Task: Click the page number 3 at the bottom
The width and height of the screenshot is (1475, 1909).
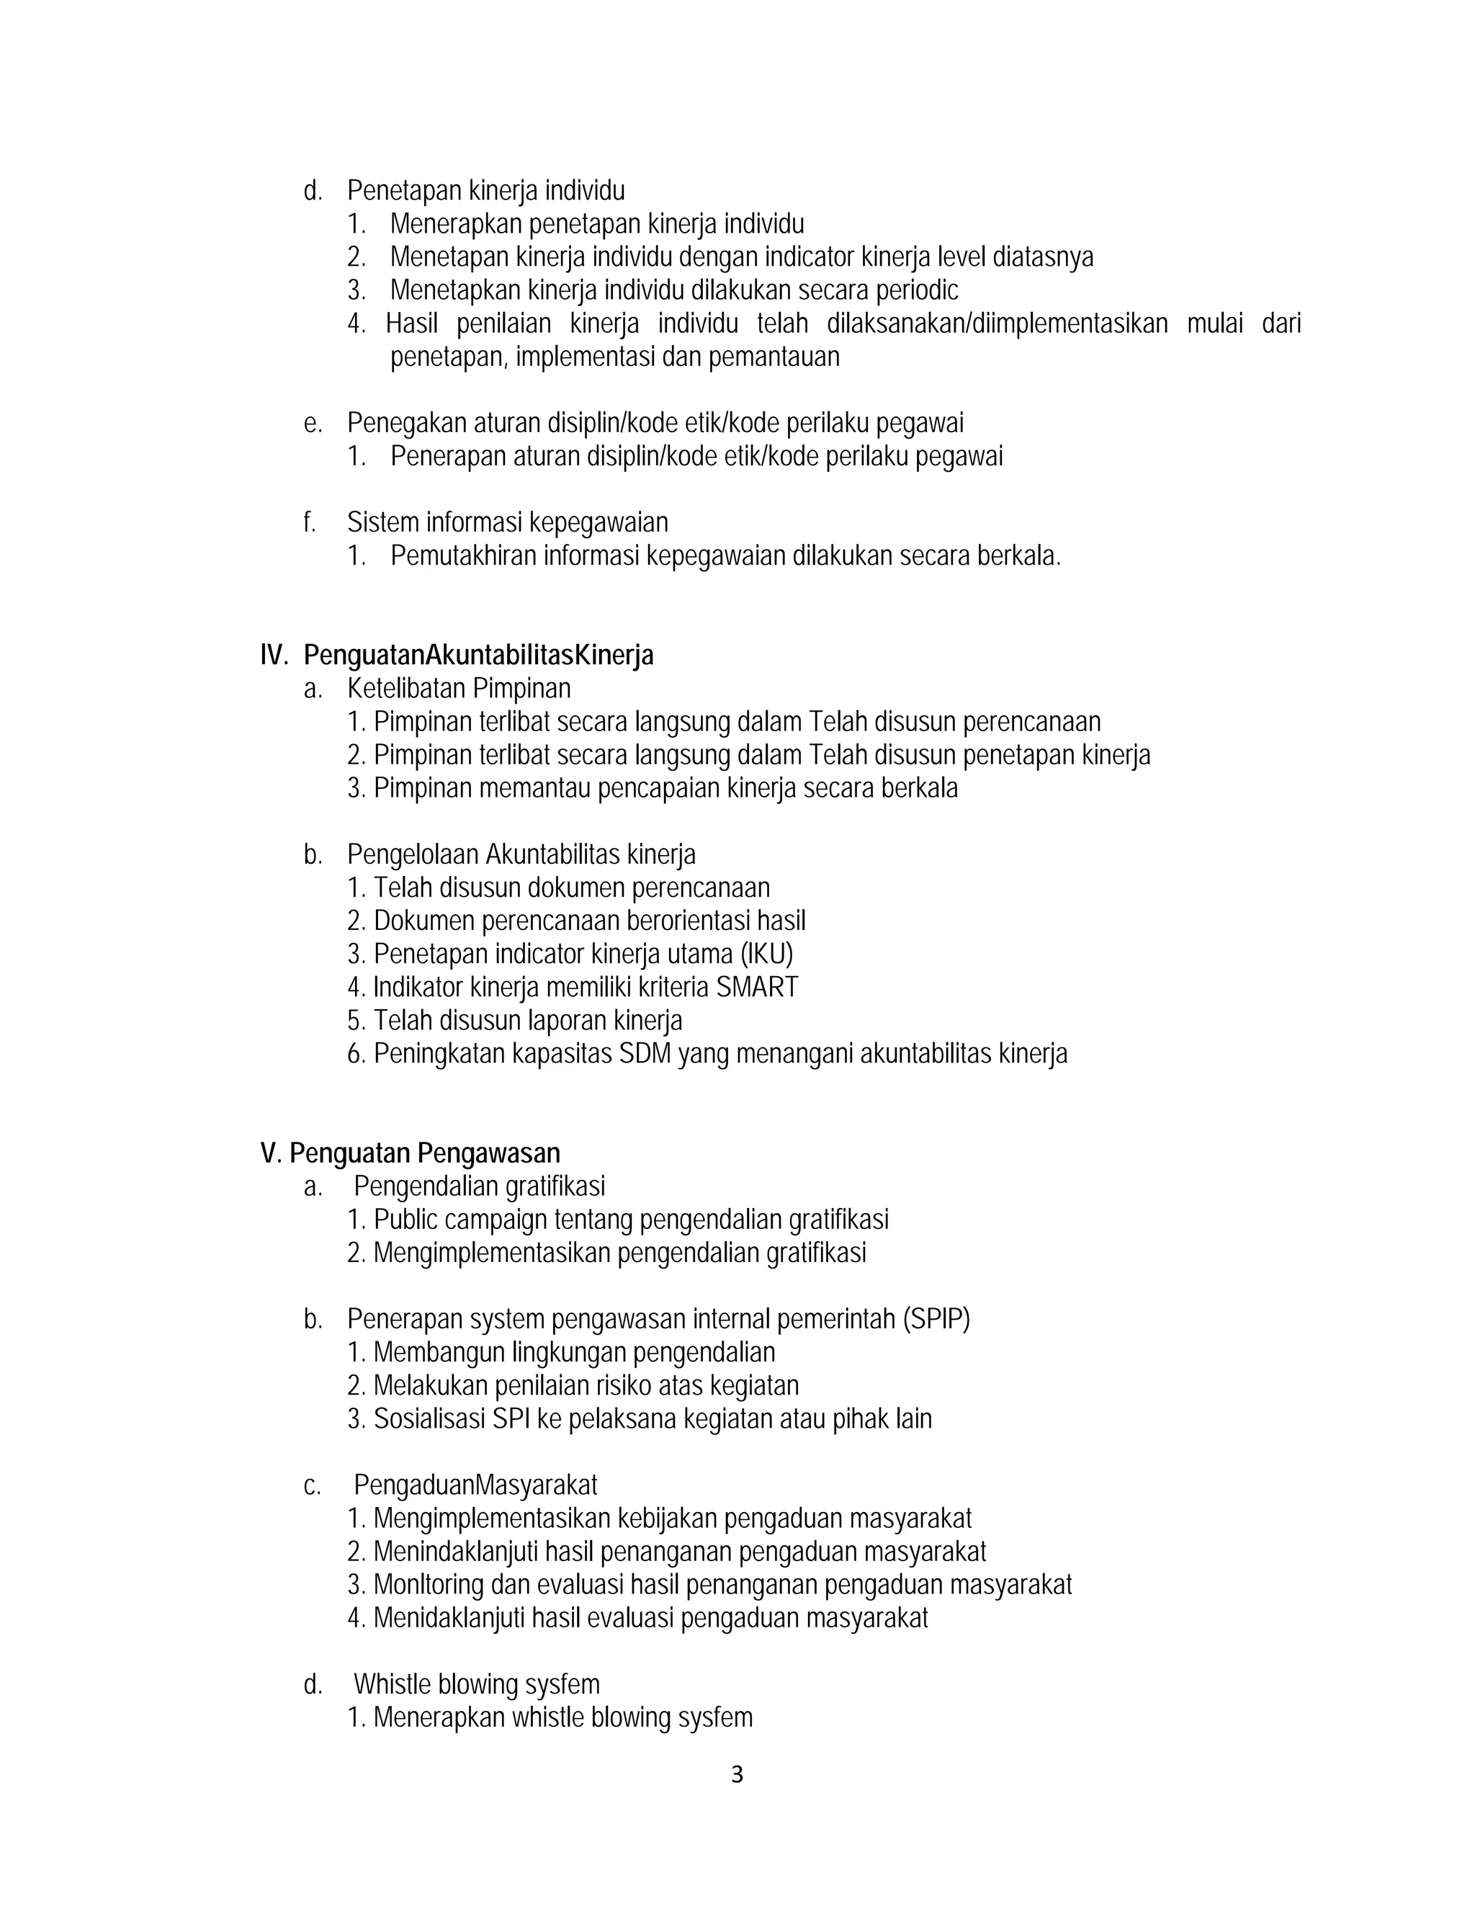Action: (x=737, y=1774)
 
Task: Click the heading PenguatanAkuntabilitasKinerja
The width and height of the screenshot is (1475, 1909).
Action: (x=478, y=655)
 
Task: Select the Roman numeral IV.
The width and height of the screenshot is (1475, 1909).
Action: (x=274, y=655)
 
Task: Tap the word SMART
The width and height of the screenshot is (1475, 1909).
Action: (x=757, y=987)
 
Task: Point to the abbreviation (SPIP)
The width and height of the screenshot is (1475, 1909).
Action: (x=936, y=1319)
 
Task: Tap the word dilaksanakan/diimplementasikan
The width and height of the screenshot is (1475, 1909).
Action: (x=997, y=323)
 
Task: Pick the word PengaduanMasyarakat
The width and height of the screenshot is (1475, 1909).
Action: (x=475, y=1485)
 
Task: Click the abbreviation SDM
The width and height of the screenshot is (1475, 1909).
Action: (x=644, y=1053)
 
